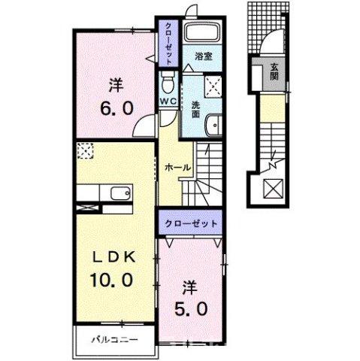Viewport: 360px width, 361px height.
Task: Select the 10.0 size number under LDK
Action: click(112, 280)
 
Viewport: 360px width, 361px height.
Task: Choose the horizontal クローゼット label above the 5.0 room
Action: click(191, 224)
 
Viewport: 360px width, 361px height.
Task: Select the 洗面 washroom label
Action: click(195, 110)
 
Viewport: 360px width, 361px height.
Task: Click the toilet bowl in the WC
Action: click(168, 81)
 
